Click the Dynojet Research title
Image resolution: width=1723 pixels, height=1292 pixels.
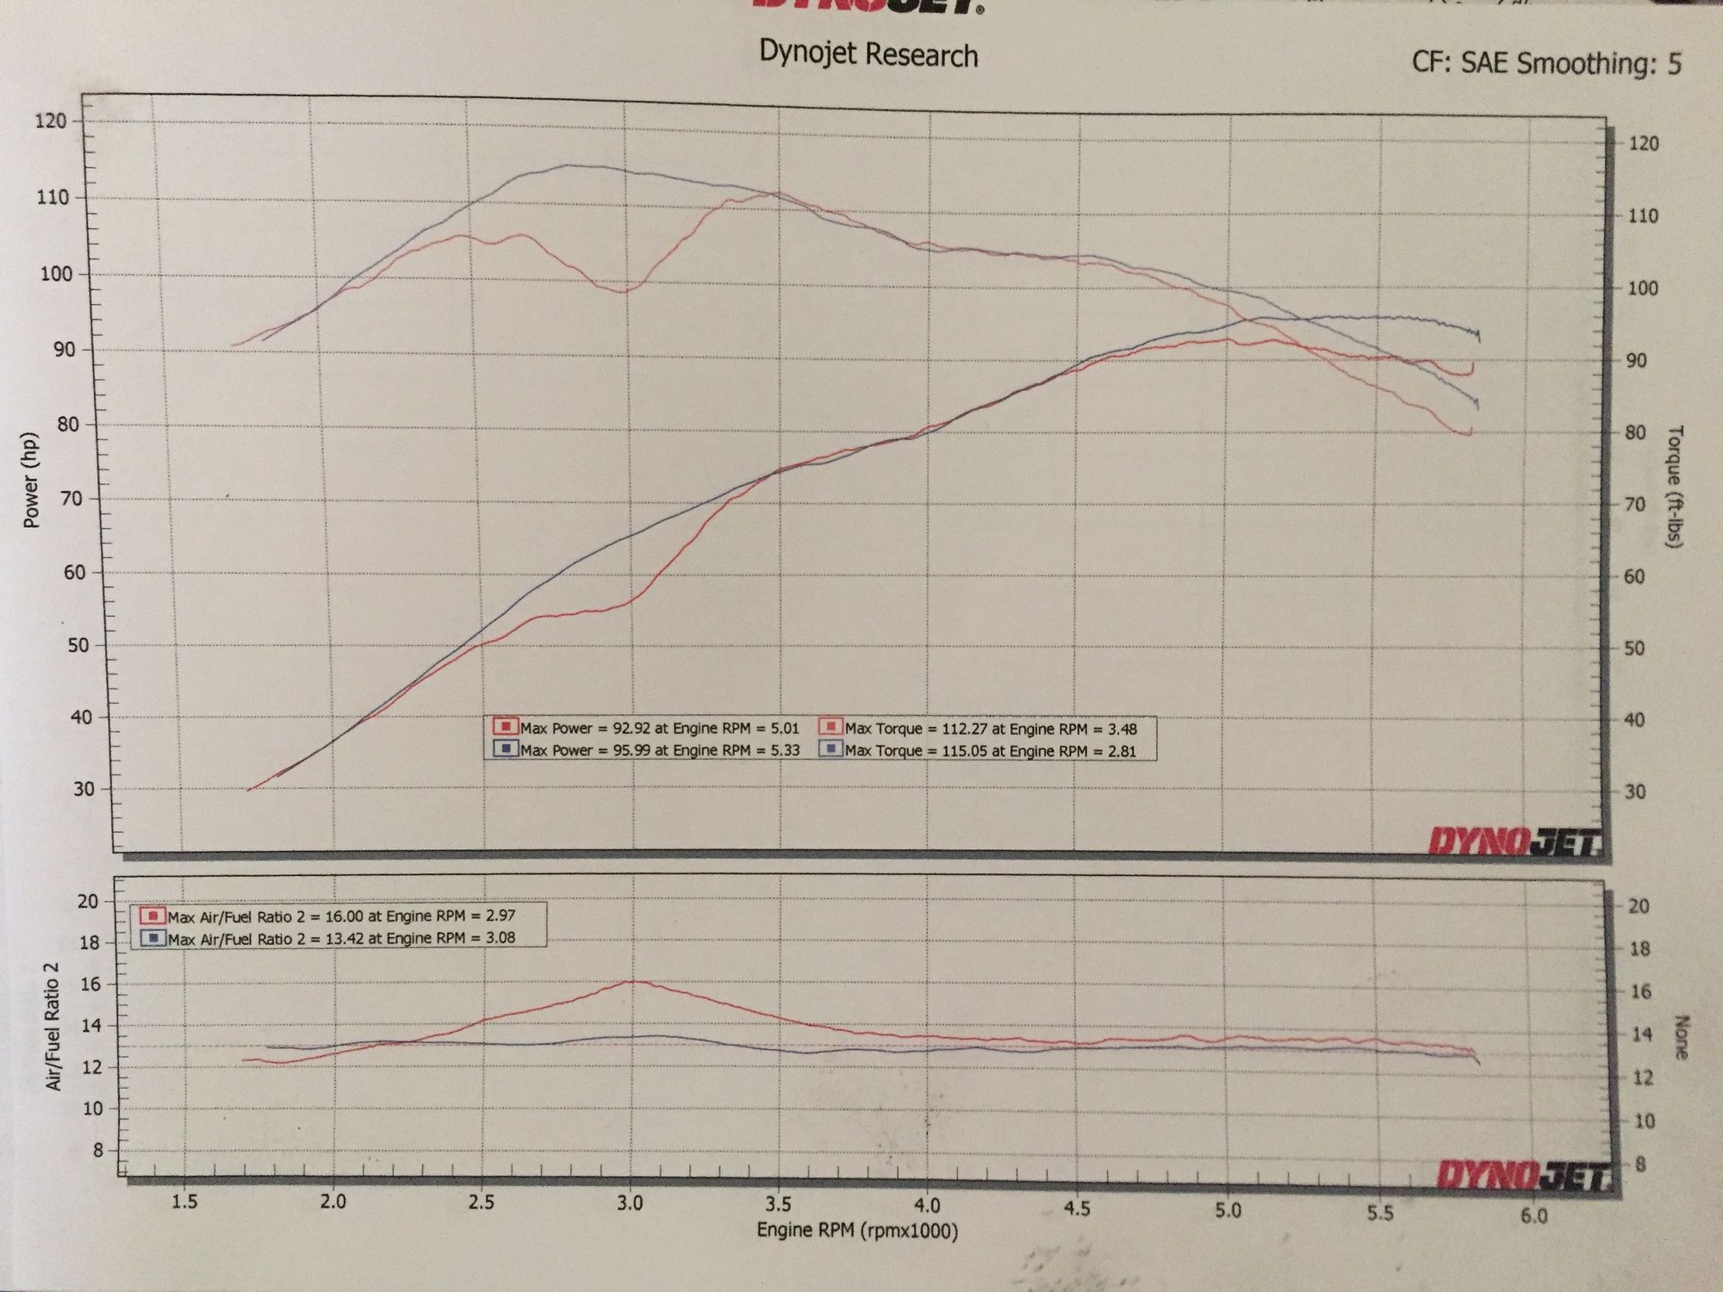pos(868,55)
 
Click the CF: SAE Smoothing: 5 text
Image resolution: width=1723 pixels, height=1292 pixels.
pos(1546,63)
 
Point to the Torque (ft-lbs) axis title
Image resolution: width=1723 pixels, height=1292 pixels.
pos(1675,488)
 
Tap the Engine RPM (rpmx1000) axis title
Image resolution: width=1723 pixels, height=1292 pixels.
pos(856,1231)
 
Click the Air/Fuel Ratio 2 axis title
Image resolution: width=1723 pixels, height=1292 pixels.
pos(55,1026)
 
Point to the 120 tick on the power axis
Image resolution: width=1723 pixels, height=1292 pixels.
pos(51,121)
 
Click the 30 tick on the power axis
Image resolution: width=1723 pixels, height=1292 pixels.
pos(84,789)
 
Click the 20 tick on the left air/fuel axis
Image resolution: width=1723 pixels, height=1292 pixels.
pos(88,902)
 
